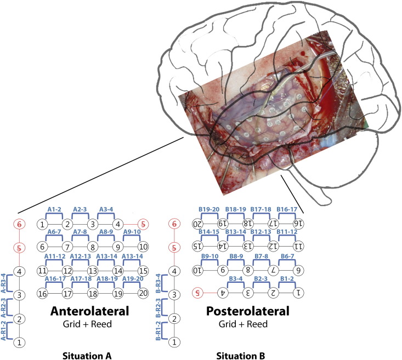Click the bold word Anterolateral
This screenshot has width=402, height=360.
coord(89,311)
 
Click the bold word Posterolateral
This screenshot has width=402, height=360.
coord(247,311)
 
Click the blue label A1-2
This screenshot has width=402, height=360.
coord(54,209)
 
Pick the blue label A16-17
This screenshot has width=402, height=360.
coord(54,279)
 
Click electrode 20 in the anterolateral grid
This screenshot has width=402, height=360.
coord(144,294)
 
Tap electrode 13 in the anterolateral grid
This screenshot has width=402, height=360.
coord(93,270)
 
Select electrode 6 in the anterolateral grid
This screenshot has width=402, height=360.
coord(42,247)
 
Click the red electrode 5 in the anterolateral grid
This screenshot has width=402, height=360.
coord(144,224)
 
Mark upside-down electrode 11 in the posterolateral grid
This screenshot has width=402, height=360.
coord(299,247)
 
